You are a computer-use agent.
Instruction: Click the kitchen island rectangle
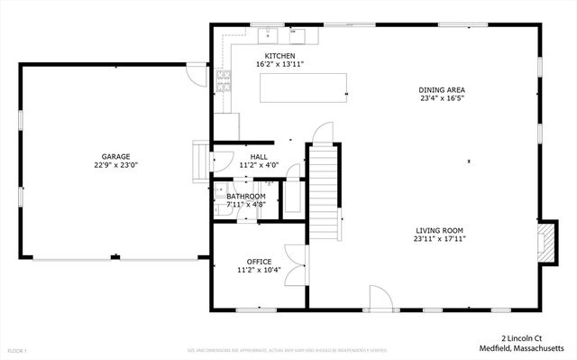pyautogui.click(x=303, y=88)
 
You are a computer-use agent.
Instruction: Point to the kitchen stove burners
pyautogui.click(x=223, y=82)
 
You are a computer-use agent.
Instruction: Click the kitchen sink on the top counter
pyautogui.click(x=268, y=35)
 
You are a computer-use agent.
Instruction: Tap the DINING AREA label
pyautogui.click(x=443, y=89)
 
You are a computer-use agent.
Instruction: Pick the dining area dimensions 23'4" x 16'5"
pyautogui.click(x=443, y=98)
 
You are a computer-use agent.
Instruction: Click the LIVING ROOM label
pyautogui.click(x=439, y=230)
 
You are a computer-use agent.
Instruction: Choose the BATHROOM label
pyautogui.click(x=246, y=196)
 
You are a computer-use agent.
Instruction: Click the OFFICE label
pyautogui.click(x=259, y=261)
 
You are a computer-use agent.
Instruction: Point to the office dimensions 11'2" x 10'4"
pyautogui.click(x=259, y=270)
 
